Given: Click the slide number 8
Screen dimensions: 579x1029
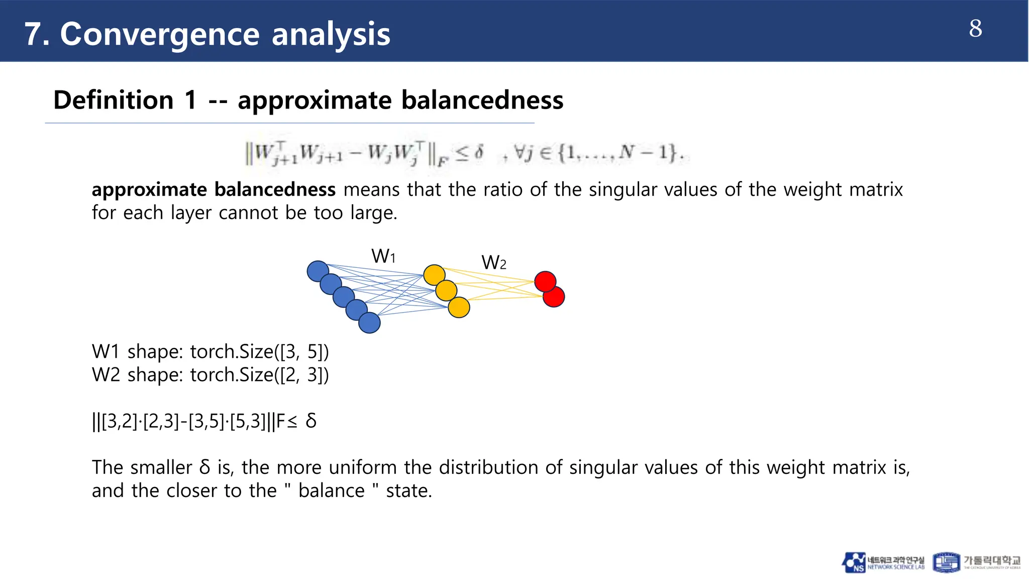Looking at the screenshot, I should coord(975,29).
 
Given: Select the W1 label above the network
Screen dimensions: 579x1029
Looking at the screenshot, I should coord(383,256).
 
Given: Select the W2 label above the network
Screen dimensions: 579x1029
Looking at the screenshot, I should coord(493,262).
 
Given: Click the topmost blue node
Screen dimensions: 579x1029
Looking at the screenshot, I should coord(318,271).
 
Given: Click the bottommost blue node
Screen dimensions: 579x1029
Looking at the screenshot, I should coord(369,323).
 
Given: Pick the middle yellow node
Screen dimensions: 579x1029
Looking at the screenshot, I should coord(446,291).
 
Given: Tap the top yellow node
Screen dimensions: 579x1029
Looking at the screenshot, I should coord(434,275).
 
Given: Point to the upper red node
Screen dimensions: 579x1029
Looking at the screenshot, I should coord(545,281).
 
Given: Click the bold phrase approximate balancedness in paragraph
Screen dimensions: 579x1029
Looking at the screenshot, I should coord(214,189).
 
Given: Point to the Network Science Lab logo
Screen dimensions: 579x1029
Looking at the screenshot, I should coord(883,562).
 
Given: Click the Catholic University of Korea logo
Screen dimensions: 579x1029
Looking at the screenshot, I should coord(977,562).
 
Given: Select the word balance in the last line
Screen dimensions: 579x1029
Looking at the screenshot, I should coord(331,491).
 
